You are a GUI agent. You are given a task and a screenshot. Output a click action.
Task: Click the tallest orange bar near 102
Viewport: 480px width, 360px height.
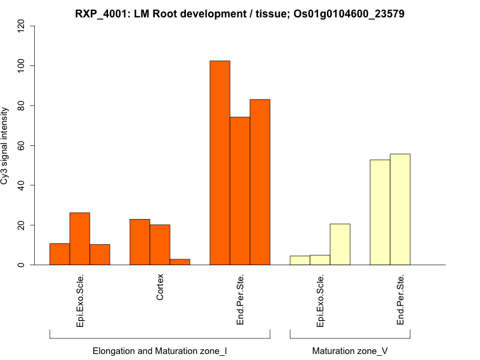pos(220,163)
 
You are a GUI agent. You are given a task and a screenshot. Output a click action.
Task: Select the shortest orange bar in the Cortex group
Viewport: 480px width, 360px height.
pos(180,262)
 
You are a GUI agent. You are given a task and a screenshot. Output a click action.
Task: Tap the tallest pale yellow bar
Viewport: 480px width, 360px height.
pos(400,209)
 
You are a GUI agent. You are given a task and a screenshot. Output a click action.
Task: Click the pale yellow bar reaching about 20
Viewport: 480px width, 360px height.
pos(340,244)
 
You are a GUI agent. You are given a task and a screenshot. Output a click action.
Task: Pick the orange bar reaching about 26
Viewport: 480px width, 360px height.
pos(80,239)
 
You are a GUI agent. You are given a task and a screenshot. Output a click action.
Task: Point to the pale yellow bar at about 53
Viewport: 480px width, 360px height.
pos(380,212)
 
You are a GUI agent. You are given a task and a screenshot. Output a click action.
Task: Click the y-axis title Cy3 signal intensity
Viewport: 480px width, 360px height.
pos(5,145)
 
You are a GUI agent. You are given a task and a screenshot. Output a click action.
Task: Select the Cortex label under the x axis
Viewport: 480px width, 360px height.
pos(160,287)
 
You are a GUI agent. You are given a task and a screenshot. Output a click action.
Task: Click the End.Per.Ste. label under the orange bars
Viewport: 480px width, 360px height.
pos(240,300)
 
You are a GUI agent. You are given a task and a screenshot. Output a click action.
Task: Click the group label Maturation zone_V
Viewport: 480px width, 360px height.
pos(350,350)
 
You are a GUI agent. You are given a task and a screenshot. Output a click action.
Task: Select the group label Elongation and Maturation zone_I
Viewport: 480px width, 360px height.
pos(160,350)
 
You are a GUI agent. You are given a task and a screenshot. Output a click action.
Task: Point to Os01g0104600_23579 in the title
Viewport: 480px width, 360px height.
pos(349,13)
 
